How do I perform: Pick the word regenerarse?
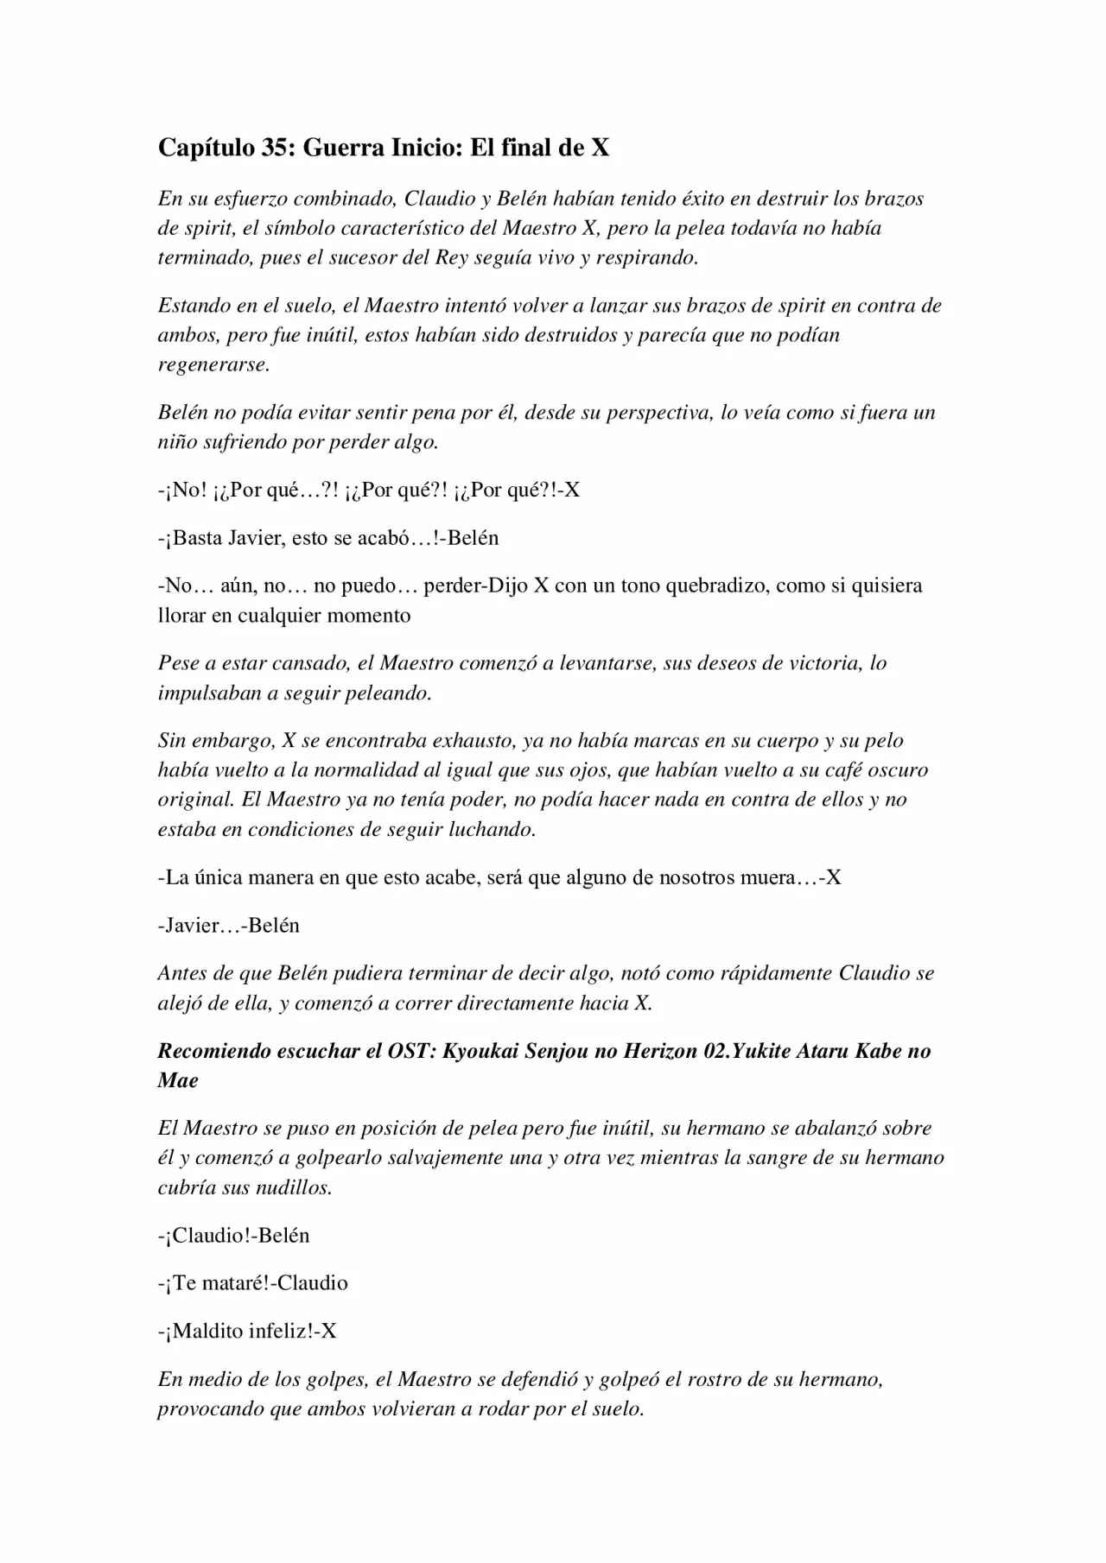[213, 364]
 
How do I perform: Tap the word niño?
[176, 442]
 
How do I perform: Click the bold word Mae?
[178, 1080]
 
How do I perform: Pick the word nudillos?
[293, 1187]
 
